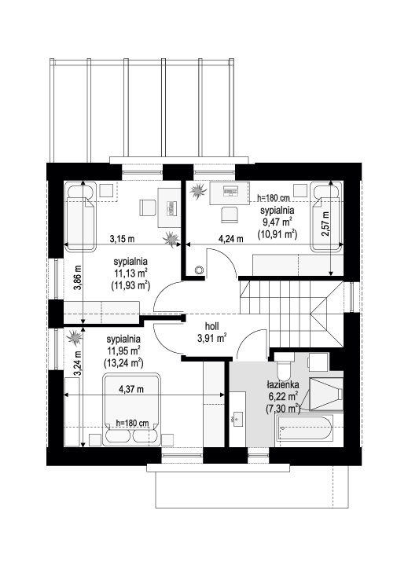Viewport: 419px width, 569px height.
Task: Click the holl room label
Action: pyautogui.click(x=211, y=326)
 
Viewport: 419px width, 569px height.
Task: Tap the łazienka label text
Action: pyautogui.click(x=283, y=384)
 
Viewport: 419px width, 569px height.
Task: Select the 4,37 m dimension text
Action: pyautogui.click(x=131, y=389)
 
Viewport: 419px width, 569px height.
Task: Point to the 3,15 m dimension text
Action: pyautogui.click(x=122, y=239)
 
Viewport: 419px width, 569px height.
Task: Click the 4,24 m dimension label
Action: pyautogui.click(x=230, y=239)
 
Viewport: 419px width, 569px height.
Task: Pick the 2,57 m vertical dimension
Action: pyautogui.click(x=325, y=224)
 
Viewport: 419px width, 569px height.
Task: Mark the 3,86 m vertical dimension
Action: pyautogui.click(x=78, y=277)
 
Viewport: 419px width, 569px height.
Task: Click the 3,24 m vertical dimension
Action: pyautogui.click(x=78, y=363)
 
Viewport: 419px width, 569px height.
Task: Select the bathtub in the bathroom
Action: pyautogui.click(x=305, y=428)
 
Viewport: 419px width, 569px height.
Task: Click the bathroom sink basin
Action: pyautogui.click(x=238, y=418)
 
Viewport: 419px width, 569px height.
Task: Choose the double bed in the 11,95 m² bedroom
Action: pyautogui.click(x=131, y=409)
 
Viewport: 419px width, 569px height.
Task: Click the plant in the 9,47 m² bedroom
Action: pyautogui.click(x=198, y=190)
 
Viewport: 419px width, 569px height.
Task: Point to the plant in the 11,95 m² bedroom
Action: pyautogui.click(x=75, y=337)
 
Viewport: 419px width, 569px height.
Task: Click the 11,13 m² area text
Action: pyautogui.click(x=130, y=273)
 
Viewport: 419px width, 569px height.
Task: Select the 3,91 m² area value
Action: pyautogui.click(x=212, y=338)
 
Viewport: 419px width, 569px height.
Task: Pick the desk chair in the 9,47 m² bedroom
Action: pyautogui.click(x=230, y=214)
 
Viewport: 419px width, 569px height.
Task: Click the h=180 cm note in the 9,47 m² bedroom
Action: pyautogui.click(x=274, y=198)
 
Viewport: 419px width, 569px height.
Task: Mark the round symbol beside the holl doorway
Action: pyautogui.click(x=200, y=270)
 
